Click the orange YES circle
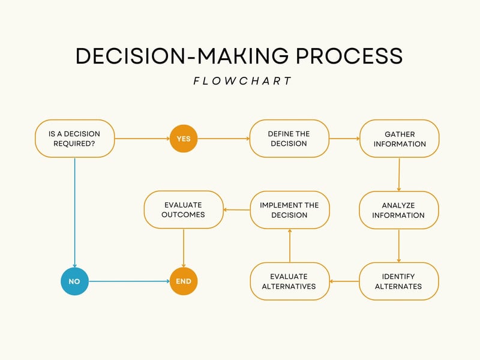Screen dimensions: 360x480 point(184,139)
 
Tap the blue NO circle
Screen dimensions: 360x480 point(74,281)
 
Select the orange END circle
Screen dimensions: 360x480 point(184,281)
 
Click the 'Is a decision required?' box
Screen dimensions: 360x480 point(74,139)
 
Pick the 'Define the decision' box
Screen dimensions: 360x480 point(289,139)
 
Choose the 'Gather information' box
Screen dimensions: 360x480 point(399,139)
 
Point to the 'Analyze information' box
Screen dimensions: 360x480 point(399,210)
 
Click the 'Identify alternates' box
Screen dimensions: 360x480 point(399,281)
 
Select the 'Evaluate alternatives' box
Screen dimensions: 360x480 point(289,281)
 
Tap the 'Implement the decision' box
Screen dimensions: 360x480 point(289,210)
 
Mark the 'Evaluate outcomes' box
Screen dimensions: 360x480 point(184,210)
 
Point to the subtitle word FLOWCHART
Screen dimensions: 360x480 point(242,81)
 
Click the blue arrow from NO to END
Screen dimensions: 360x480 point(129,281)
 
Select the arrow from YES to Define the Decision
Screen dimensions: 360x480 point(223,139)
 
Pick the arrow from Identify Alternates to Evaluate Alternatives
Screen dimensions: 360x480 point(344,281)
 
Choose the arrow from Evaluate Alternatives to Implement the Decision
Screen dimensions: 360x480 point(289,245)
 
